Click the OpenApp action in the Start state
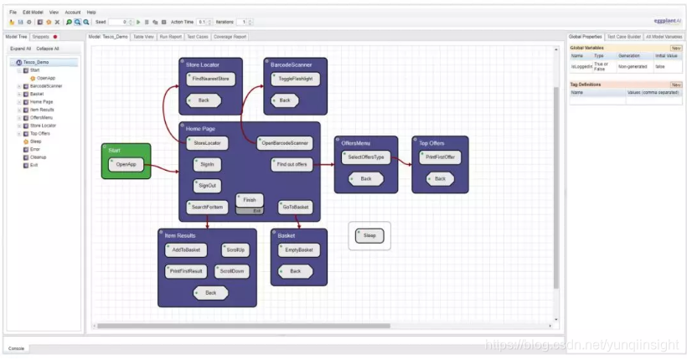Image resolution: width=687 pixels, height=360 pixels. tap(127, 165)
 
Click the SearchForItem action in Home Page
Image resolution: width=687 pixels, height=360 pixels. tap(207, 207)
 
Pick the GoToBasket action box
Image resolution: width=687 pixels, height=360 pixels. tap(295, 207)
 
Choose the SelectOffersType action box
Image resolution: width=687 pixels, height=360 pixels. tap(366, 157)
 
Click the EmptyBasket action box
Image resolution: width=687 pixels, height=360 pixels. tap(298, 250)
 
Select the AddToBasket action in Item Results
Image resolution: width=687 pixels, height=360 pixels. tap(186, 250)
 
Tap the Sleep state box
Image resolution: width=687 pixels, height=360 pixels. tap(369, 236)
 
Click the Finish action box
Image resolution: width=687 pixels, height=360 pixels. tap(250, 200)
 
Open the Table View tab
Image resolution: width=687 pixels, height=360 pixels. tap(144, 37)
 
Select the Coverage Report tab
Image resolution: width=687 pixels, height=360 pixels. tap(230, 37)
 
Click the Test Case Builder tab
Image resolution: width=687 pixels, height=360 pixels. tap(623, 37)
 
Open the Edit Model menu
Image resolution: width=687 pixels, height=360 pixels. tap(34, 13)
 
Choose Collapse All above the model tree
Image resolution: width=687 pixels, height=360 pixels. tap(47, 49)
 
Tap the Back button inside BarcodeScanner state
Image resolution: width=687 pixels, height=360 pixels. tap(284, 100)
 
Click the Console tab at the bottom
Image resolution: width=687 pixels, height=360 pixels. tap(15, 348)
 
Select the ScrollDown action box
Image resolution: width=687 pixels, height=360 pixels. tap(231, 271)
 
